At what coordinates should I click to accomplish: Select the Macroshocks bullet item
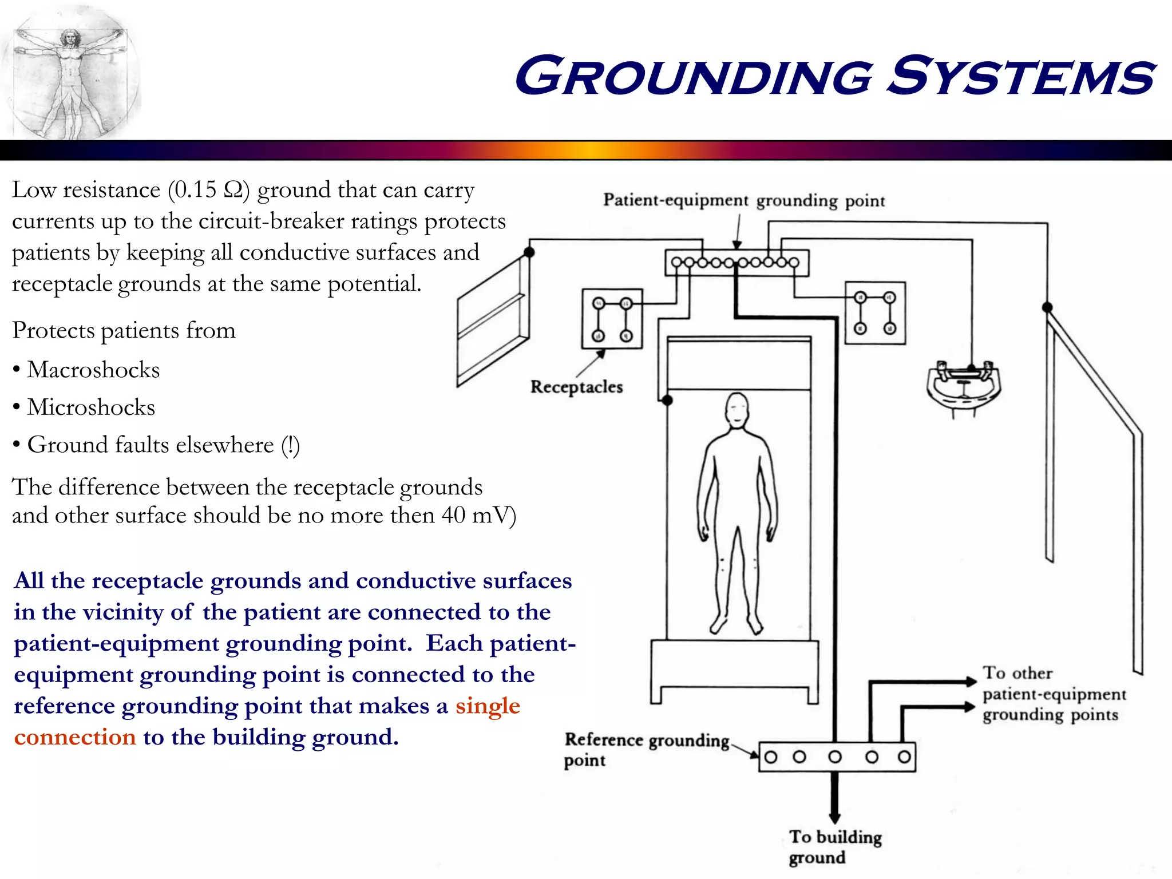tap(93, 370)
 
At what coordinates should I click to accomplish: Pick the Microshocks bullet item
tap(91, 407)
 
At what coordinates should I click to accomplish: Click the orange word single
tap(488, 706)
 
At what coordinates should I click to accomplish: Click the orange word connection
tap(75, 737)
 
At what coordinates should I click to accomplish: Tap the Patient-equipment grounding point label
tap(744, 200)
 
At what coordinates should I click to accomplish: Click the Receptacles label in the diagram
tap(576, 387)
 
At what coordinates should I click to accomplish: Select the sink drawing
tap(963, 388)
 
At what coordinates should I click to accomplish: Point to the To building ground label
tap(834, 847)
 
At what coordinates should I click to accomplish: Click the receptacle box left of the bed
tap(612, 319)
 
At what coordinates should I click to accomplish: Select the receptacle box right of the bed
tap(875, 313)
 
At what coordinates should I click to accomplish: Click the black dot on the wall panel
tap(529, 252)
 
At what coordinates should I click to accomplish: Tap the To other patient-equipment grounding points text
tap(1053, 694)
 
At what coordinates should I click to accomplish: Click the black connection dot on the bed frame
tap(667, 400)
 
